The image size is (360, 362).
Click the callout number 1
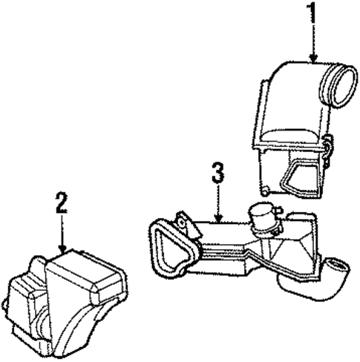click(x=313, y=13)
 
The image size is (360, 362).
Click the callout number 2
click(x=62, y=203)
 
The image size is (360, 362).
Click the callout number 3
click(x=218, y=173)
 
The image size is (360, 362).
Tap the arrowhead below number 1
click(x=313, y=59)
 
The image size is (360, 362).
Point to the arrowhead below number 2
click(x=63, y=249)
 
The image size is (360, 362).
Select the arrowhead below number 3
click(x=218, y=218)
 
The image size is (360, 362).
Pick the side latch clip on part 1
click(x=328, y=151)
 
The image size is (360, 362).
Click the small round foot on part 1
click(x=265, y=191)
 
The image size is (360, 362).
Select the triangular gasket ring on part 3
click(x=171, y=248)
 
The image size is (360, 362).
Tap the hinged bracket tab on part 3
click(x=187, y=225)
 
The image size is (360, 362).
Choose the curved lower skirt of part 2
click(x=82, y=332)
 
